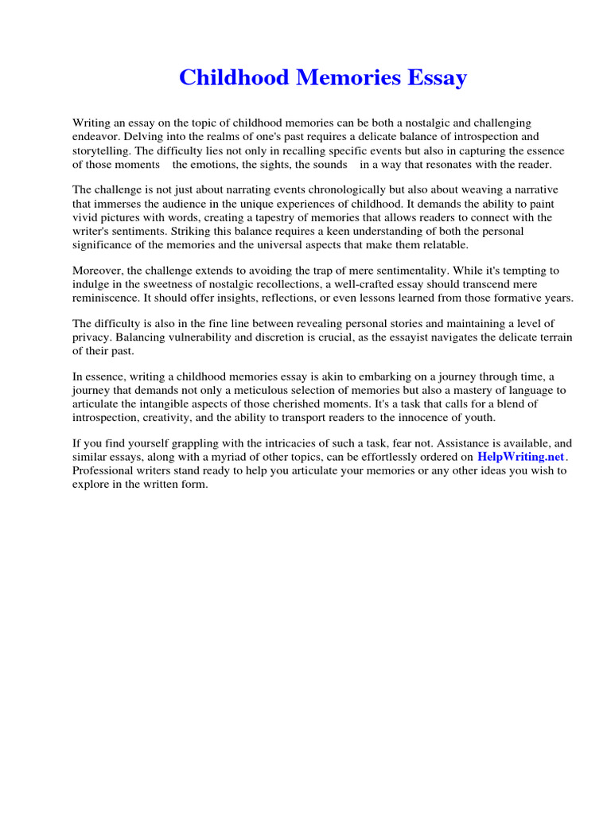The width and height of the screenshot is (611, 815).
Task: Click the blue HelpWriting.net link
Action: [x=520, y=457]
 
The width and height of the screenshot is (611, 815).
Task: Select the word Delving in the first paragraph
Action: [x=142, y=137]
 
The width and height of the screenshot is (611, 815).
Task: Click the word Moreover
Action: [x=99, y=271]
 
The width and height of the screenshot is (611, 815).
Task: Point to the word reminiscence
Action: [x=106, y=298]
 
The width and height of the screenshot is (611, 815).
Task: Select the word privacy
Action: [x=91, y=337]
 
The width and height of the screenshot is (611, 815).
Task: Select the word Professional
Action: [x=101, y=470]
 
